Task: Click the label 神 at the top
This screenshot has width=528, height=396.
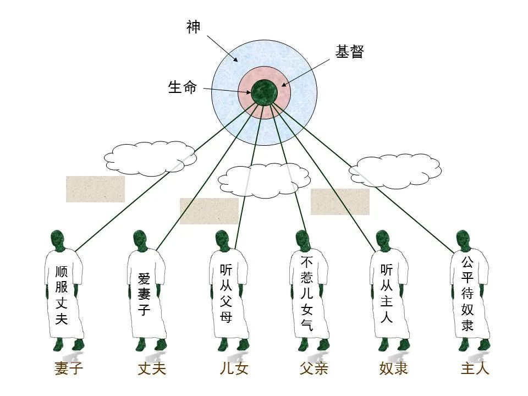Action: [193, 27]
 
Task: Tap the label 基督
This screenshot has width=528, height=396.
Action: [350, 52]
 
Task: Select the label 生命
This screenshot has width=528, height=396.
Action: [182, 87]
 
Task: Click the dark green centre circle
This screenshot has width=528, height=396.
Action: [265, 92]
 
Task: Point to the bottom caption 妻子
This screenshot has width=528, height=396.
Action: [69, 368]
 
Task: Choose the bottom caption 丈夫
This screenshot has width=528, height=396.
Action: [152, 368]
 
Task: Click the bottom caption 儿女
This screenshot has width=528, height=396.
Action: [234, 368]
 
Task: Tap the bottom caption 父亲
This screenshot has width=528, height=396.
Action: [314, 368]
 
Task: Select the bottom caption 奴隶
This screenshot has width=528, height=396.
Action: [393, 368]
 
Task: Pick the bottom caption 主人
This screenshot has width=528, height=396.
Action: [475, 368]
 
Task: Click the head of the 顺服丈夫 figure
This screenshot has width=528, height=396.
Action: [57, 240]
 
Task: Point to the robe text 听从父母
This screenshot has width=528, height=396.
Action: [226, 294]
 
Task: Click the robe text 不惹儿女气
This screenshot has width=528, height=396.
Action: [307, 294]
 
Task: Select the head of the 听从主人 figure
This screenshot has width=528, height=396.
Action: [383, 240]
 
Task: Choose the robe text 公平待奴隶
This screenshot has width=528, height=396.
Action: [467, 294]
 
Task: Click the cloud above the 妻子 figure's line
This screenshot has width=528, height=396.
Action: [150, 158]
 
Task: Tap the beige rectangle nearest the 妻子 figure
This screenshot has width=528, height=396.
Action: [95, 189]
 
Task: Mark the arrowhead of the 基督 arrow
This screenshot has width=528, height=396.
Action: [284, 85]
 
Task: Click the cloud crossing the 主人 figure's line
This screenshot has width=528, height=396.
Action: [395, 170]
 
